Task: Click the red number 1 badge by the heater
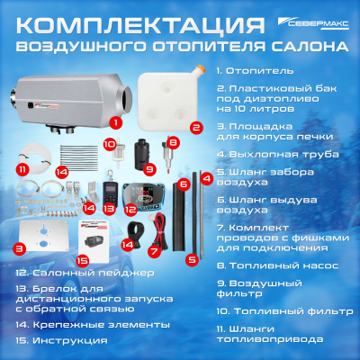[x=114, y=121]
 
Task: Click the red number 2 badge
[x=194, y=128]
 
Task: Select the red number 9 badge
[x=149, y=167]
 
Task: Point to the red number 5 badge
[x=191, y=258]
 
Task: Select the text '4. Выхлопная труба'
[x=268, y=156]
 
